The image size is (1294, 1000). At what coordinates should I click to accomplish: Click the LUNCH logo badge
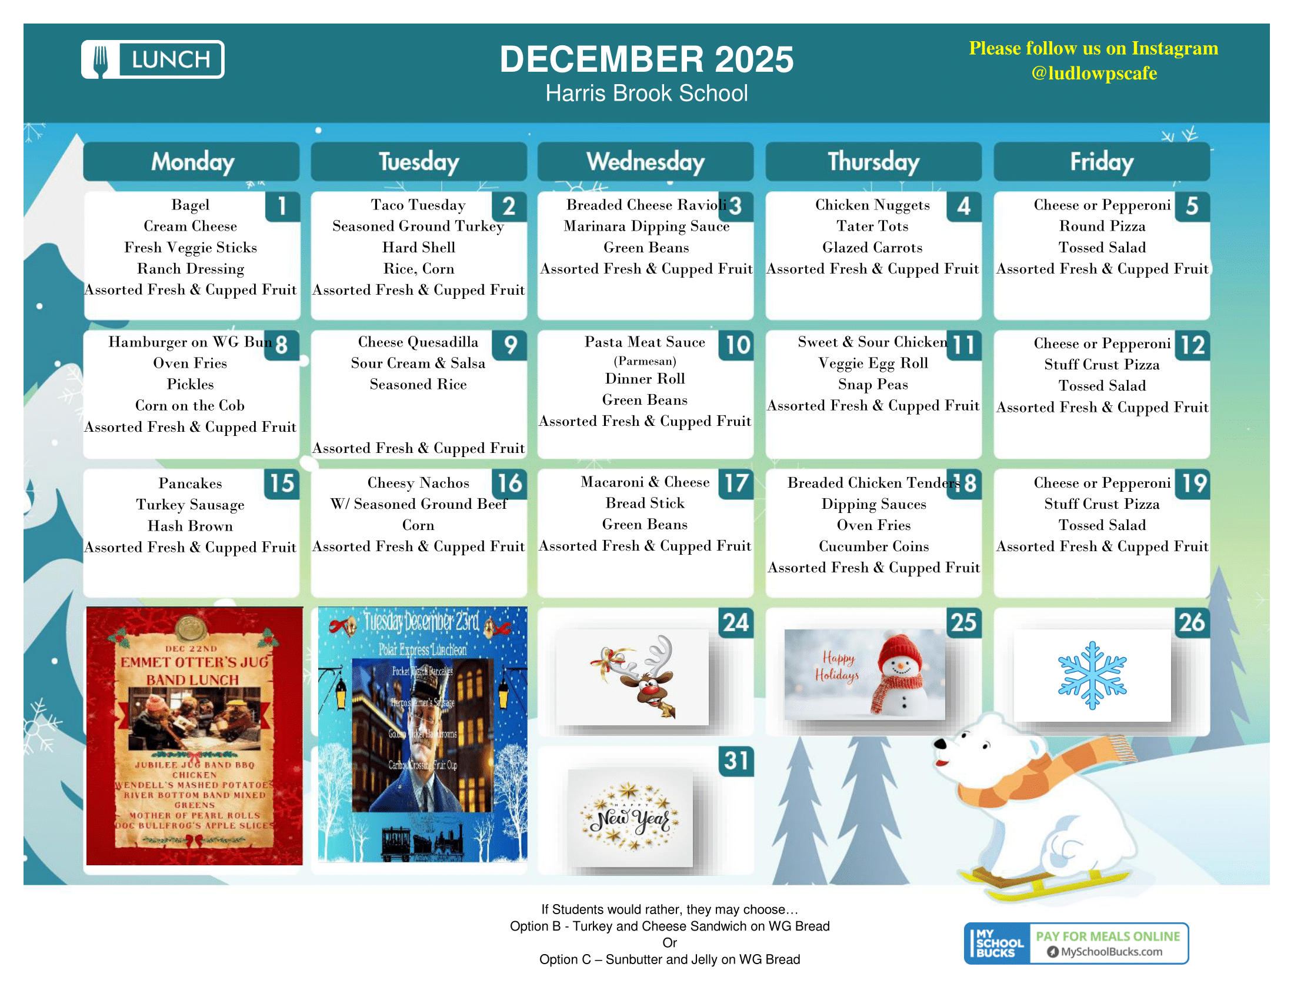point(153,59)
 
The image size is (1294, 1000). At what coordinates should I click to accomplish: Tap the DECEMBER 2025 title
point(646,59)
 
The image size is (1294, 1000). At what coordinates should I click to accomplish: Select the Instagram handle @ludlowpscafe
point(1093,74)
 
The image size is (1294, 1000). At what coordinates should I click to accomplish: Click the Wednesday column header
point(645,162)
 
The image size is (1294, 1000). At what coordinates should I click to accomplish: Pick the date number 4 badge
point(963,206)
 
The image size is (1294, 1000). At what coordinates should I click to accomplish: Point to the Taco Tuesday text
point(418,205)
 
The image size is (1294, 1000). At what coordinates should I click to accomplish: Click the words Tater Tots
point(872,226)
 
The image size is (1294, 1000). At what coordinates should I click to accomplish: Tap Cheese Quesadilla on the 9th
point(418,342)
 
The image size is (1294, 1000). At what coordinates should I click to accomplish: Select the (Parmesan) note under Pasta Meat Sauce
point(645,361)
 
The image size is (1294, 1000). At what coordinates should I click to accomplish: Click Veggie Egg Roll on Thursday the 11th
point(873,363)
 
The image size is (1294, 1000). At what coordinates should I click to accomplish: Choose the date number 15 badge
point(282,484)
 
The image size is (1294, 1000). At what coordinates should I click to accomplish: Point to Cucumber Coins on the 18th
point(873,546)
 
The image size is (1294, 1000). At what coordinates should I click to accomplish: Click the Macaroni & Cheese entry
point(645,482)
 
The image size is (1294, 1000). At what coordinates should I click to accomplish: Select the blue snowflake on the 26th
point(1092,675)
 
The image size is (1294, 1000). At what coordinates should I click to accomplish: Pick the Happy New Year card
point(631,818)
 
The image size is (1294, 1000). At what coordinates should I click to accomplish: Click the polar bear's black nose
point(939,744)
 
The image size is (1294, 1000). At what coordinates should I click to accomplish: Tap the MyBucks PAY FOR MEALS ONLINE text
point(1108,936)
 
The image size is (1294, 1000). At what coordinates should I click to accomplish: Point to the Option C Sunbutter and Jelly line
point(669,959)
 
